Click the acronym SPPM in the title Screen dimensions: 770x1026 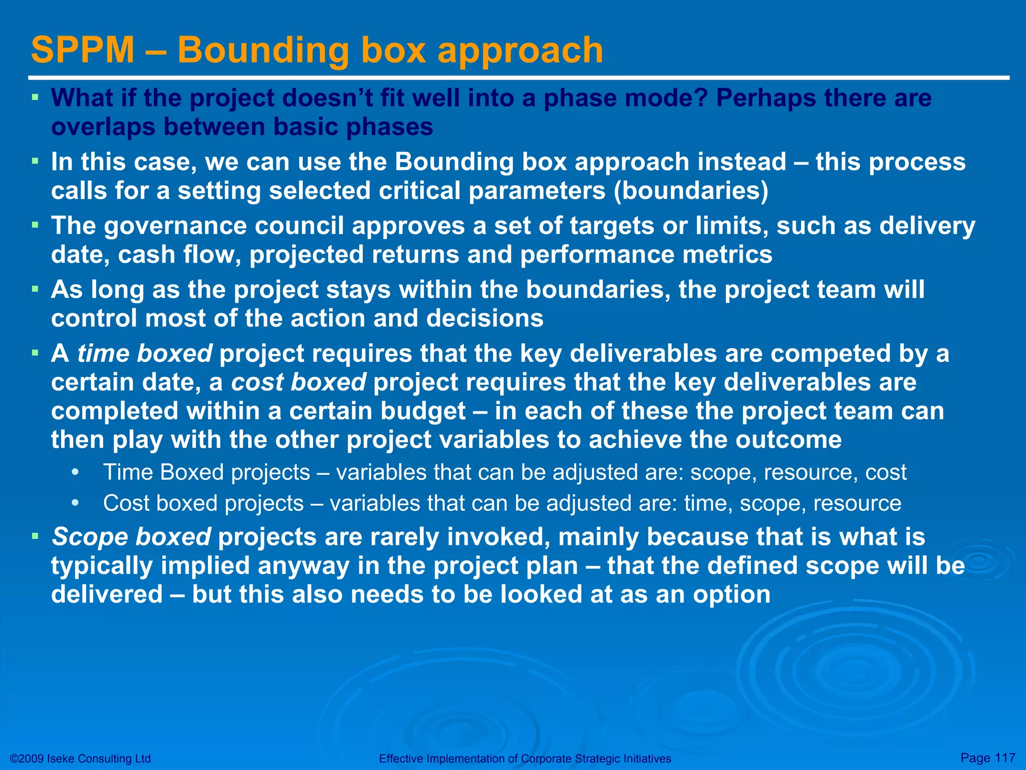[83, 50]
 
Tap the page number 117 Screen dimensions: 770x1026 [1004, 757]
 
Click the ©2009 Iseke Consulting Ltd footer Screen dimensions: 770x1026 [80, 758]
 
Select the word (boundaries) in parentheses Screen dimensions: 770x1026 [691, 191]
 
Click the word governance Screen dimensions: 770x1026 [175, 226]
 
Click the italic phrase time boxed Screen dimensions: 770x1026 [145, 354]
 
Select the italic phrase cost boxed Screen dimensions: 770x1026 [299, 382]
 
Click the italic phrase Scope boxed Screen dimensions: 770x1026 [131, 537]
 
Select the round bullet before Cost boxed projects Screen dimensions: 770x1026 [75, 503]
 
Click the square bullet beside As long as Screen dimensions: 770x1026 [35, 289]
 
